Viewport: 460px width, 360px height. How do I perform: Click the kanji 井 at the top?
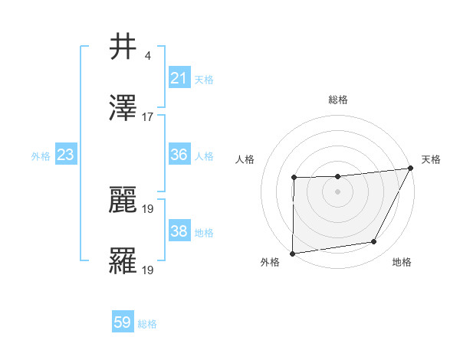123,47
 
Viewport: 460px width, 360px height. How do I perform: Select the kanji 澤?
123,109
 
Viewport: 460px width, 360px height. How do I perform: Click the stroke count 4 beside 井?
147,56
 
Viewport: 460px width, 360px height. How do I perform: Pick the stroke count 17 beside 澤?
148,117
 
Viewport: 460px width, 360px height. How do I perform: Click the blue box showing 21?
179,78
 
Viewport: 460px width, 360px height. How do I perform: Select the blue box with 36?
179,155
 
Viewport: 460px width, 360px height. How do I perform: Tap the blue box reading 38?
179,231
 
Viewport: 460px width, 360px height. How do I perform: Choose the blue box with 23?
65,155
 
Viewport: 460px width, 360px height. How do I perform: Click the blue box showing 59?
123,322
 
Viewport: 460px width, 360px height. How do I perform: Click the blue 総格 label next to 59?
147,324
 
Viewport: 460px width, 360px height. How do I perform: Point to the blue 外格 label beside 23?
41,156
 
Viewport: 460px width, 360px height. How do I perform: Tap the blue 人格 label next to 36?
204,156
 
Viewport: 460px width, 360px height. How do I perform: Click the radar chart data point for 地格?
374,242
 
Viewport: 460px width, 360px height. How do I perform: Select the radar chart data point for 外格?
292,254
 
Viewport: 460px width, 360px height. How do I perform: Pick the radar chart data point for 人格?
294,178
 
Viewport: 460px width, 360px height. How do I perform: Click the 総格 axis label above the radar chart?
337,100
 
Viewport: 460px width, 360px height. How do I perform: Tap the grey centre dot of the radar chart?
337,191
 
